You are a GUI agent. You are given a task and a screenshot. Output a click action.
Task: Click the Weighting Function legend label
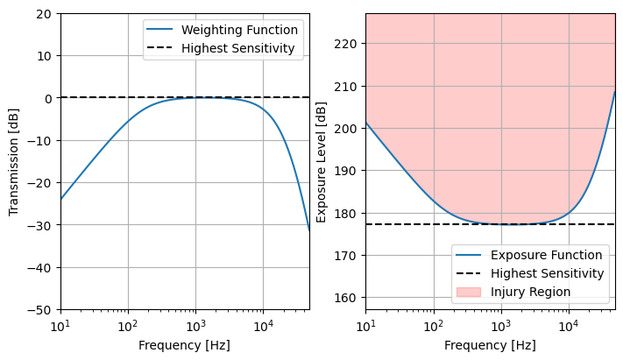click(239, 30)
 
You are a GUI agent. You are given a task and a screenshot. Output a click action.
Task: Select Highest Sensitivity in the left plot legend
click(238, 48)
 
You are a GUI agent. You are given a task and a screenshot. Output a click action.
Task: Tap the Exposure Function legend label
click(546, 255)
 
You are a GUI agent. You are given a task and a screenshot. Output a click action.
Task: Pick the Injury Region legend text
click(530, 292)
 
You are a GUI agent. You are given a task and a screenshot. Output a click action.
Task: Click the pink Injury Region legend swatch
click(469, 292)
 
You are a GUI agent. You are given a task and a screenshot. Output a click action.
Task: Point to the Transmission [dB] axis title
click(13, 162)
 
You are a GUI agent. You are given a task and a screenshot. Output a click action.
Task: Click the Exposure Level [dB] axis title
click(321, 162)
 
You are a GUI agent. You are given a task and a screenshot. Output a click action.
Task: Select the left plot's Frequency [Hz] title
click(184, 345)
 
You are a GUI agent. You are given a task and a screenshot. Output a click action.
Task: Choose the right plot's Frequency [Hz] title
click(490, 345)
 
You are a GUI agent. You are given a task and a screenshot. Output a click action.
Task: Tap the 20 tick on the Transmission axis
click(44, 14)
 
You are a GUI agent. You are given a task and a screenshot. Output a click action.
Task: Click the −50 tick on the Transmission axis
click(39, 310)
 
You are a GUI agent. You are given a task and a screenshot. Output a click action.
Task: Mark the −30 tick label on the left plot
click(39, 225)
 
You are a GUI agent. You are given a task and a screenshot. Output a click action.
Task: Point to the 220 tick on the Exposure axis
click(345, 44)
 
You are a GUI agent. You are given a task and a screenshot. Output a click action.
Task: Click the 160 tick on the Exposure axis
click(345, 298)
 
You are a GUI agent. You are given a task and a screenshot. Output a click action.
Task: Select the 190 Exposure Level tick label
click(345, 171)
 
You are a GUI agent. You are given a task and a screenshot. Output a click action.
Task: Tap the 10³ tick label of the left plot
click(195, 327)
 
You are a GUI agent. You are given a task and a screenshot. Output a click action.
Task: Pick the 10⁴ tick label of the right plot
click(569, 327)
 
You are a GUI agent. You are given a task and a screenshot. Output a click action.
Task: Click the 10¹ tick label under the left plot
click(60, 327)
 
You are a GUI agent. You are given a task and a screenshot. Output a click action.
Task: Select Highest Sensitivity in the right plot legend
click(547, 273)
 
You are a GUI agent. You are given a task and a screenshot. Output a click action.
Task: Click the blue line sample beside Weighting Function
click(159, 30)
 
